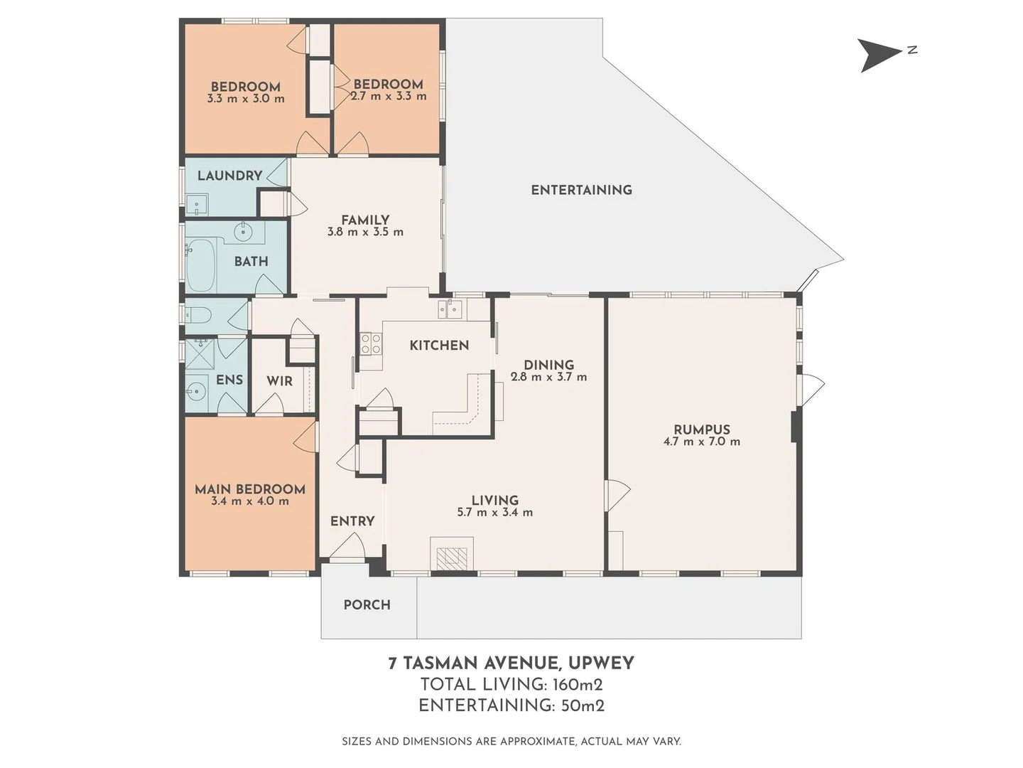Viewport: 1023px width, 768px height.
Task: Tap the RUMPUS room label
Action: pos(701,430)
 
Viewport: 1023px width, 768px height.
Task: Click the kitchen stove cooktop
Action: pos(370,344)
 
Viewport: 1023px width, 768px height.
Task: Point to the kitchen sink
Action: pos(450,309)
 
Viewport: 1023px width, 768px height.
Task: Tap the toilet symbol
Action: pos(199,315)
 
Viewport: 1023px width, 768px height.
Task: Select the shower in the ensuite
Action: pos(200,353)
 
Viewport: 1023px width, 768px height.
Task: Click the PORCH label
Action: pos(367,605)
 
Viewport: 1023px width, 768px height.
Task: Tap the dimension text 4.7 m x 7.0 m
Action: pos(701,442)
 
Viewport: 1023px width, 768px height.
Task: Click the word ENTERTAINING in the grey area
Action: pos(581,190)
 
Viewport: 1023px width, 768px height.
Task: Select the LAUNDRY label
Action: pos(229,176)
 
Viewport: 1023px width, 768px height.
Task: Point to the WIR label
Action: pos(279,381)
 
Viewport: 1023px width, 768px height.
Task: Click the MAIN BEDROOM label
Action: pos(249,489)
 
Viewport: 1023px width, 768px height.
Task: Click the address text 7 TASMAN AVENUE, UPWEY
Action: pos(511,663)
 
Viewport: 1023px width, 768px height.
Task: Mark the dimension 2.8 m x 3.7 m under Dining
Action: pos(548,377)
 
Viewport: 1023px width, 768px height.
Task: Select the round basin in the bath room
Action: pos(244,231)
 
